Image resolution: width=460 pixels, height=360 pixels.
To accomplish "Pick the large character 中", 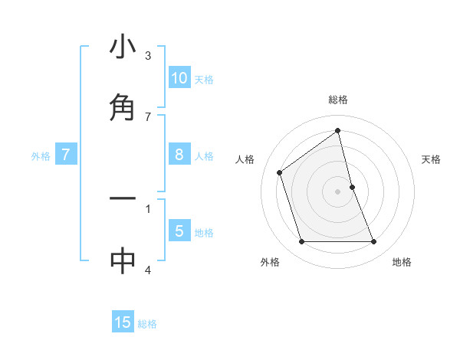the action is point(123,260).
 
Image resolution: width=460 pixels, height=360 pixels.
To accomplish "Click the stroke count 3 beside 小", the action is point(148,56).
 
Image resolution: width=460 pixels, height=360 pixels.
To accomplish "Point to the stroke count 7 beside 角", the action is point(148,116).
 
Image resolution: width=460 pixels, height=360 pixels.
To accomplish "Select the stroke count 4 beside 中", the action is point(148,270).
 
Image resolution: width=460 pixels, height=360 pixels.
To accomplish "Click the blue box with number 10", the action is point(179,78).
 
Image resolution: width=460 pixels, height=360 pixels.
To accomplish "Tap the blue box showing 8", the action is point(179,155).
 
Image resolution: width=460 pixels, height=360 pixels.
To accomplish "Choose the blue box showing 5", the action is point(179,231).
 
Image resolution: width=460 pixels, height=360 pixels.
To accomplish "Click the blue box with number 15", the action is point(123,322).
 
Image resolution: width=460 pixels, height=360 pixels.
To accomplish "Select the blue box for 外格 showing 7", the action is point(66,155).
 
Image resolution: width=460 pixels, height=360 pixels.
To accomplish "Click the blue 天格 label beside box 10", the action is point(204,80).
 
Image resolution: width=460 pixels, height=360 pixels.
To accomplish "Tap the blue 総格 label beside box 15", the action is point(147,324).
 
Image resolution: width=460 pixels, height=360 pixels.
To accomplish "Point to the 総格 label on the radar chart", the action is point(338,100).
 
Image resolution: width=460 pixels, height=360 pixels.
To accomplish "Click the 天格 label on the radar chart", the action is point(432,159).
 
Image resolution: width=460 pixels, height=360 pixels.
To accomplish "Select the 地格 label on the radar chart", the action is point(402,262).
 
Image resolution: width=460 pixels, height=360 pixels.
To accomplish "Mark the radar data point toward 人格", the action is point(280,172).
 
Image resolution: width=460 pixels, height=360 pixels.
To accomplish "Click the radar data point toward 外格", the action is point(301,242).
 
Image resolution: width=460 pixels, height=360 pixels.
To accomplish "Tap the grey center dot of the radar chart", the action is point(338,191).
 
